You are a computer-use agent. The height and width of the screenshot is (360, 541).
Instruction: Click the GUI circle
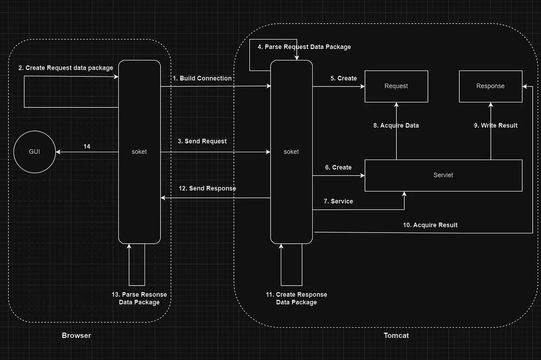point(34,152)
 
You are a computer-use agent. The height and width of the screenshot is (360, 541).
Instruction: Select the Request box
point(396,86)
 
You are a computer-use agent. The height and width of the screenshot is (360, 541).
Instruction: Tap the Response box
point(490,86)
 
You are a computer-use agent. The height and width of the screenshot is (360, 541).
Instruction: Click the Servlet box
point(443,175)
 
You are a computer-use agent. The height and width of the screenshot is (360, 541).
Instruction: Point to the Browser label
point(76,335)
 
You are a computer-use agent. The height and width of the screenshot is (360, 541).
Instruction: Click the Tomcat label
point(396,335)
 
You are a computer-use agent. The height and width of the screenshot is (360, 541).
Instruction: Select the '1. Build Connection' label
point(202,78)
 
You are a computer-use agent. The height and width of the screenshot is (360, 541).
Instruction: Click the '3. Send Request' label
point(202,141)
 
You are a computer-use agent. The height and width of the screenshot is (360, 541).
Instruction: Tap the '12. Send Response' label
point(207,188)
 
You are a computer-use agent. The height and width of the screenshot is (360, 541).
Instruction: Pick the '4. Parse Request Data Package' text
point(304,47)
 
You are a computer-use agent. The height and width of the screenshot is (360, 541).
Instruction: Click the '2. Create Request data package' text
point(66,68)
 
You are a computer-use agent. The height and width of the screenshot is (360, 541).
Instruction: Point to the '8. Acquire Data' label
point(396,125)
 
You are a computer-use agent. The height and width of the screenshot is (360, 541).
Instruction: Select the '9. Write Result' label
point(496,125)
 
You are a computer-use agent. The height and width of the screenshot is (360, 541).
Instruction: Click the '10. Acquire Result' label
point(430,225)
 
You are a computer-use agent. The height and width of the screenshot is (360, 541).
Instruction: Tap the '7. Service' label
point(338,202)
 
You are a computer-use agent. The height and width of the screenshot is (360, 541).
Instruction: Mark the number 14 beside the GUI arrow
point(87,147)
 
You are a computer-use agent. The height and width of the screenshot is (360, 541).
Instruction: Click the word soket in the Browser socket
point(139,152)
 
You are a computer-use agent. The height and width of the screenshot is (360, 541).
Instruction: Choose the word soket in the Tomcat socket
point(291,152)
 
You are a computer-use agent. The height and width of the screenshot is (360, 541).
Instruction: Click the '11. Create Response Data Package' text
point(296,298)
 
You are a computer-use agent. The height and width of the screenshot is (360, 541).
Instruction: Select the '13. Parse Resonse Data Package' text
point(139,298)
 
